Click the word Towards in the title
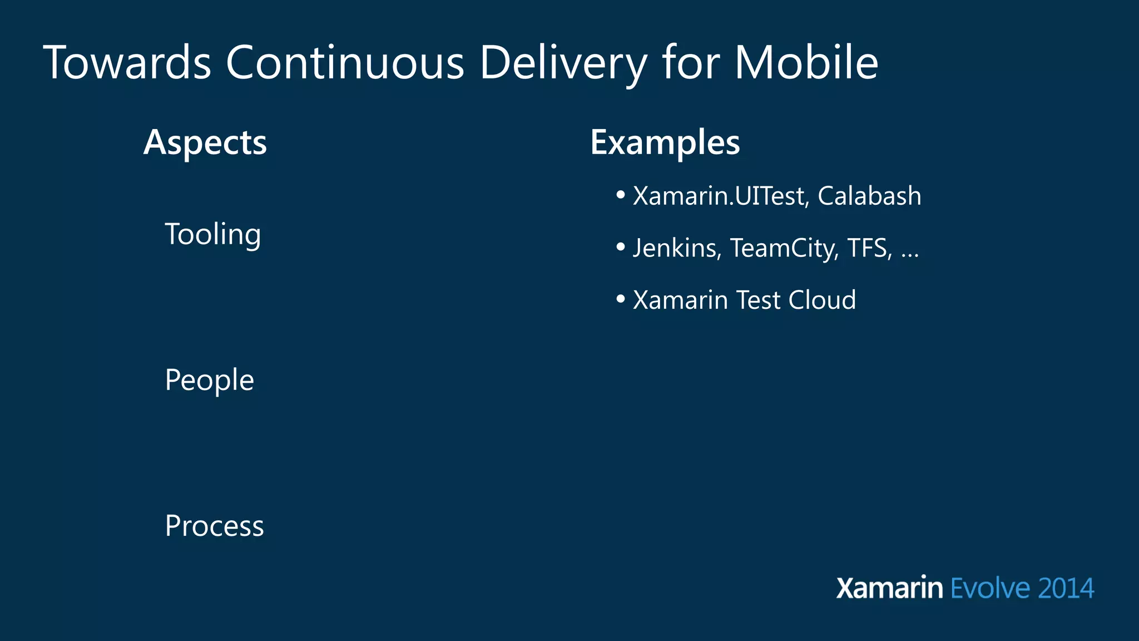127,62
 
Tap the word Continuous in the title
345,62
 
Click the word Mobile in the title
806,62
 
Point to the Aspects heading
205,143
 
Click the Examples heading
665,143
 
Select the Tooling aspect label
212,234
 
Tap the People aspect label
209,381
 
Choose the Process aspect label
214,526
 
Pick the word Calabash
869,196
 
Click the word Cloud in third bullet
822,300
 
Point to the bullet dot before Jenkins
621,247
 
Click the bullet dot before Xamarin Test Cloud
621,299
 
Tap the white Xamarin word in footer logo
889,588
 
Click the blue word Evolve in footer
990,588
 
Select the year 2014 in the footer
1066,588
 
